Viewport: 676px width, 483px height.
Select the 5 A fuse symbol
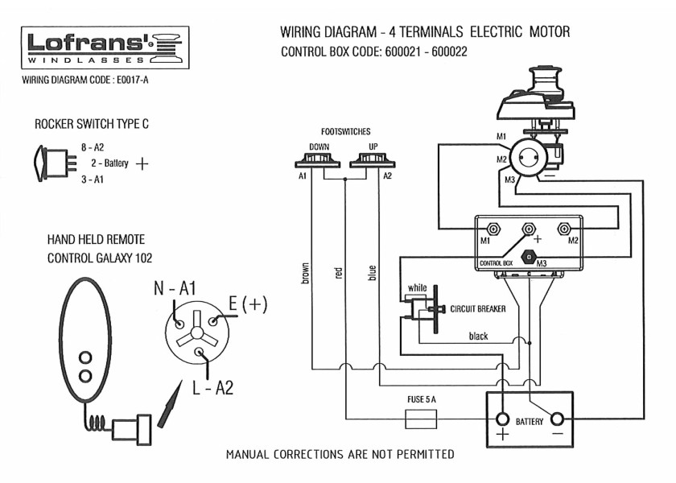point(421,419)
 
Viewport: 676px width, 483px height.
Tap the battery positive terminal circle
point(503,419)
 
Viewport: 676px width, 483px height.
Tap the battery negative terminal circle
point(557,419)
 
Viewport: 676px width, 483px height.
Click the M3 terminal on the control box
point(530,258)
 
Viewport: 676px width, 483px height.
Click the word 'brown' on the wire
point(305,274)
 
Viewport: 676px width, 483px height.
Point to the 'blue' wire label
point(371,274)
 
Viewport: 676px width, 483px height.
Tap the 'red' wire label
point(338,274)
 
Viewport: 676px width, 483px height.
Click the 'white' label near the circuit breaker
point(417,288)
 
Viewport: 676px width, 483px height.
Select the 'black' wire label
point(478,336)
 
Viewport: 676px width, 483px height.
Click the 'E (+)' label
point(248,303)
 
